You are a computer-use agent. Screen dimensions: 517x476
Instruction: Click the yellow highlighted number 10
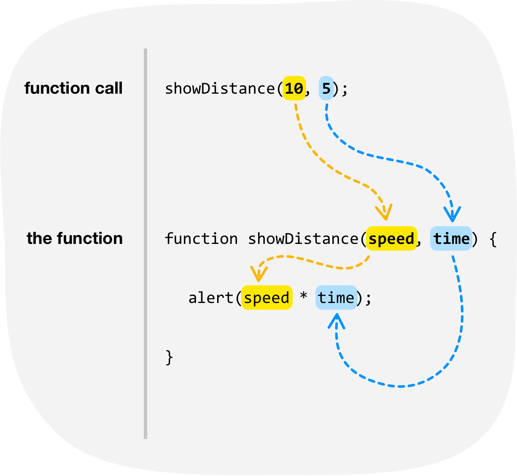[x=294, y=89]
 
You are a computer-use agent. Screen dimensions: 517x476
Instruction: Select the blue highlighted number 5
[x=326, y=89]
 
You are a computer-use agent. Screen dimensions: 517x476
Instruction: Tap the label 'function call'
[x=73, y=88]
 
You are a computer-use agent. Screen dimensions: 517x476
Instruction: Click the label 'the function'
[x=75, y=238]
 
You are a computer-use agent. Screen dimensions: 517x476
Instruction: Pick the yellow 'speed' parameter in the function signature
[x=391, y=239]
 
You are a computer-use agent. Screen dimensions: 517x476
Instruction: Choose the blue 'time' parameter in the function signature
[x=451, y=239]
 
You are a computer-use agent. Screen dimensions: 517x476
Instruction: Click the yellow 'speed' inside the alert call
[x=267, y=298]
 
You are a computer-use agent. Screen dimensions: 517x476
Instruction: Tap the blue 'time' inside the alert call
[x=336, y=298]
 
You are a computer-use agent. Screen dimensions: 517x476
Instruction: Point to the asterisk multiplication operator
[x=304, y=297]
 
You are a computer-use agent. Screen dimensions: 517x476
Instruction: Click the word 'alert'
[x=211, y=298]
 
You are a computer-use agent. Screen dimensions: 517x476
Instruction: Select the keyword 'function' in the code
[x=201, y=239]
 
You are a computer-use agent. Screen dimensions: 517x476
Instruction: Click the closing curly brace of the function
[x=169, y=357]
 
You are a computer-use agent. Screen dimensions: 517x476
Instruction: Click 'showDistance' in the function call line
[x=220, y=89]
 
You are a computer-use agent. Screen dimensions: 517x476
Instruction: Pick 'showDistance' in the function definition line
[x=303, y=239]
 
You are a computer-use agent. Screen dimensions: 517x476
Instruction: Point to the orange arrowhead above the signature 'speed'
[x=385, y=213]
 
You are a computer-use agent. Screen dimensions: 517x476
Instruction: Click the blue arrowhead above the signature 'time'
[x=452, y=215]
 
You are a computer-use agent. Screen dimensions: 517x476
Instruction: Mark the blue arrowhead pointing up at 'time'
[x=336, y=322]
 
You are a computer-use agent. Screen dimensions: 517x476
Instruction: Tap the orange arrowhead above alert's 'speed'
[x=258, y=275]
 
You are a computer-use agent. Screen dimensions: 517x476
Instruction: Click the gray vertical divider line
[x=145, y=243]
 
